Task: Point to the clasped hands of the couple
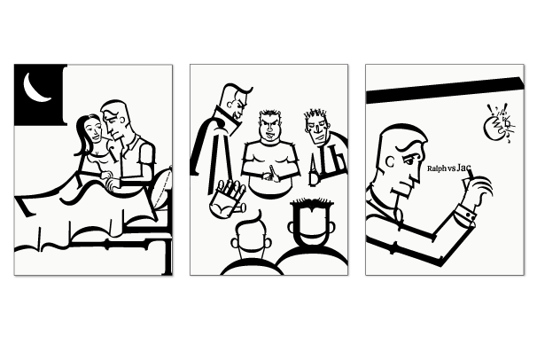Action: (110, 180)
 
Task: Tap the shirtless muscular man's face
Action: (270, 128)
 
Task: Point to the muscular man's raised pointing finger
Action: (272, 172)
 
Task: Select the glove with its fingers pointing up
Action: (228, 199)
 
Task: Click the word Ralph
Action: (437, 168)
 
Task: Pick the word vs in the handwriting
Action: (451, 168)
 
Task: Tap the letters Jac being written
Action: (463, 168)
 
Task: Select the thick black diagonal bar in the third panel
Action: (445, 90)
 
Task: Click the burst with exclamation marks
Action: (499, 125)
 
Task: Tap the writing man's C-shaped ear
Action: (390, 161)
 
